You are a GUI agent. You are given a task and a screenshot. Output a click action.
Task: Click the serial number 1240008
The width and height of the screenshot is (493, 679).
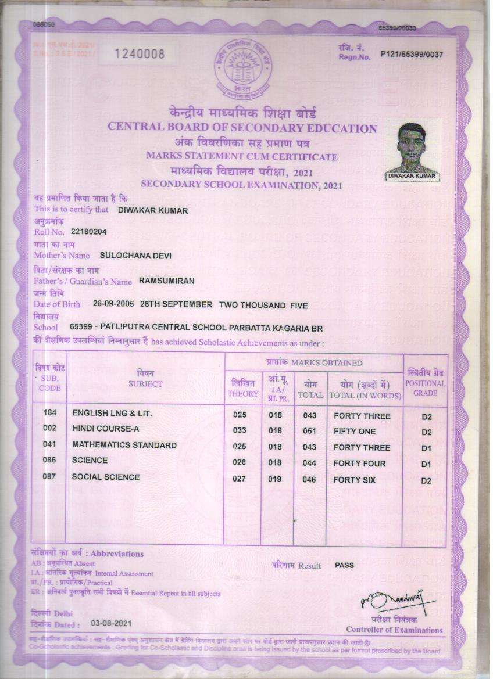(140, 54)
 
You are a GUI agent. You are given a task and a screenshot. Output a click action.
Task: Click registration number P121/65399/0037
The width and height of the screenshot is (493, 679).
(412, 55)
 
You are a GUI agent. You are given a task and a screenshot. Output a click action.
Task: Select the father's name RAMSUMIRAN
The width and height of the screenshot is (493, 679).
(166, 281)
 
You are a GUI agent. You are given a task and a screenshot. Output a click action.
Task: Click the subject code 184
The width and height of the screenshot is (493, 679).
(50, 413)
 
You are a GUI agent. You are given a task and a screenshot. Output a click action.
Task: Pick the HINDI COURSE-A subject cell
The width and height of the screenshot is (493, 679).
(106, 429)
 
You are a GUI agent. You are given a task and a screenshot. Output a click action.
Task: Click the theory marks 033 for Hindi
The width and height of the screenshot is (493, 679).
(240, 431)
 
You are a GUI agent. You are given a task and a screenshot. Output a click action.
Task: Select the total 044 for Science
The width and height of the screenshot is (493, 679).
(308, 464)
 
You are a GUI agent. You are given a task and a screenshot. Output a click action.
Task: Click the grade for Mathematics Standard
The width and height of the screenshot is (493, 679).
(426, 448)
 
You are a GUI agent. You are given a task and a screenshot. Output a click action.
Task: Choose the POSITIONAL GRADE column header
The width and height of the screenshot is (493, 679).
(426, 384)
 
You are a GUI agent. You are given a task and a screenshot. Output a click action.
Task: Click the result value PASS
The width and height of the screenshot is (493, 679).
(344, 565)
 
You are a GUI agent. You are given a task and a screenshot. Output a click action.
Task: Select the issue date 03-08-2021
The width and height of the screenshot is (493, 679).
(111, 623)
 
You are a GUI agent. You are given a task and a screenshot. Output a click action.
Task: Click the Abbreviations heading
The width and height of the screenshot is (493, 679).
(117, 554)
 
